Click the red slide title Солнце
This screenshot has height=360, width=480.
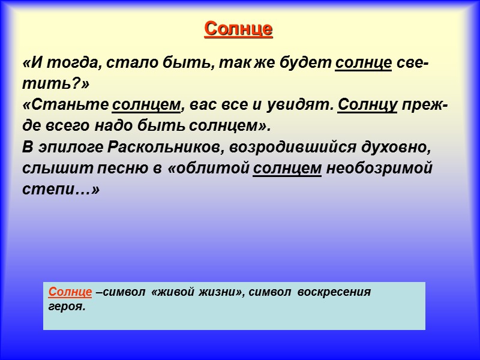(x=239, y=29)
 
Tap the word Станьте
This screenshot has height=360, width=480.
(x=65, y=106)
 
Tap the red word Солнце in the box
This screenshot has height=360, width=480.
(x=70, y=292)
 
